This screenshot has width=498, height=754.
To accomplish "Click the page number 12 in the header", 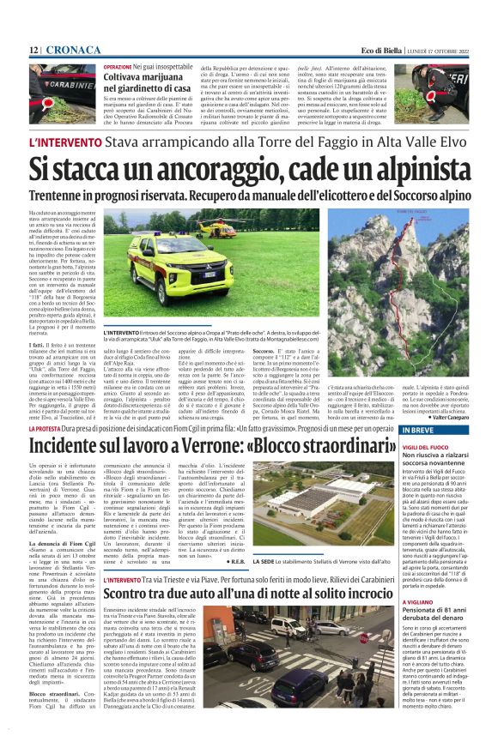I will [33, 51].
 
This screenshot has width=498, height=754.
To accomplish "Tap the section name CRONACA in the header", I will [73, 51].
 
